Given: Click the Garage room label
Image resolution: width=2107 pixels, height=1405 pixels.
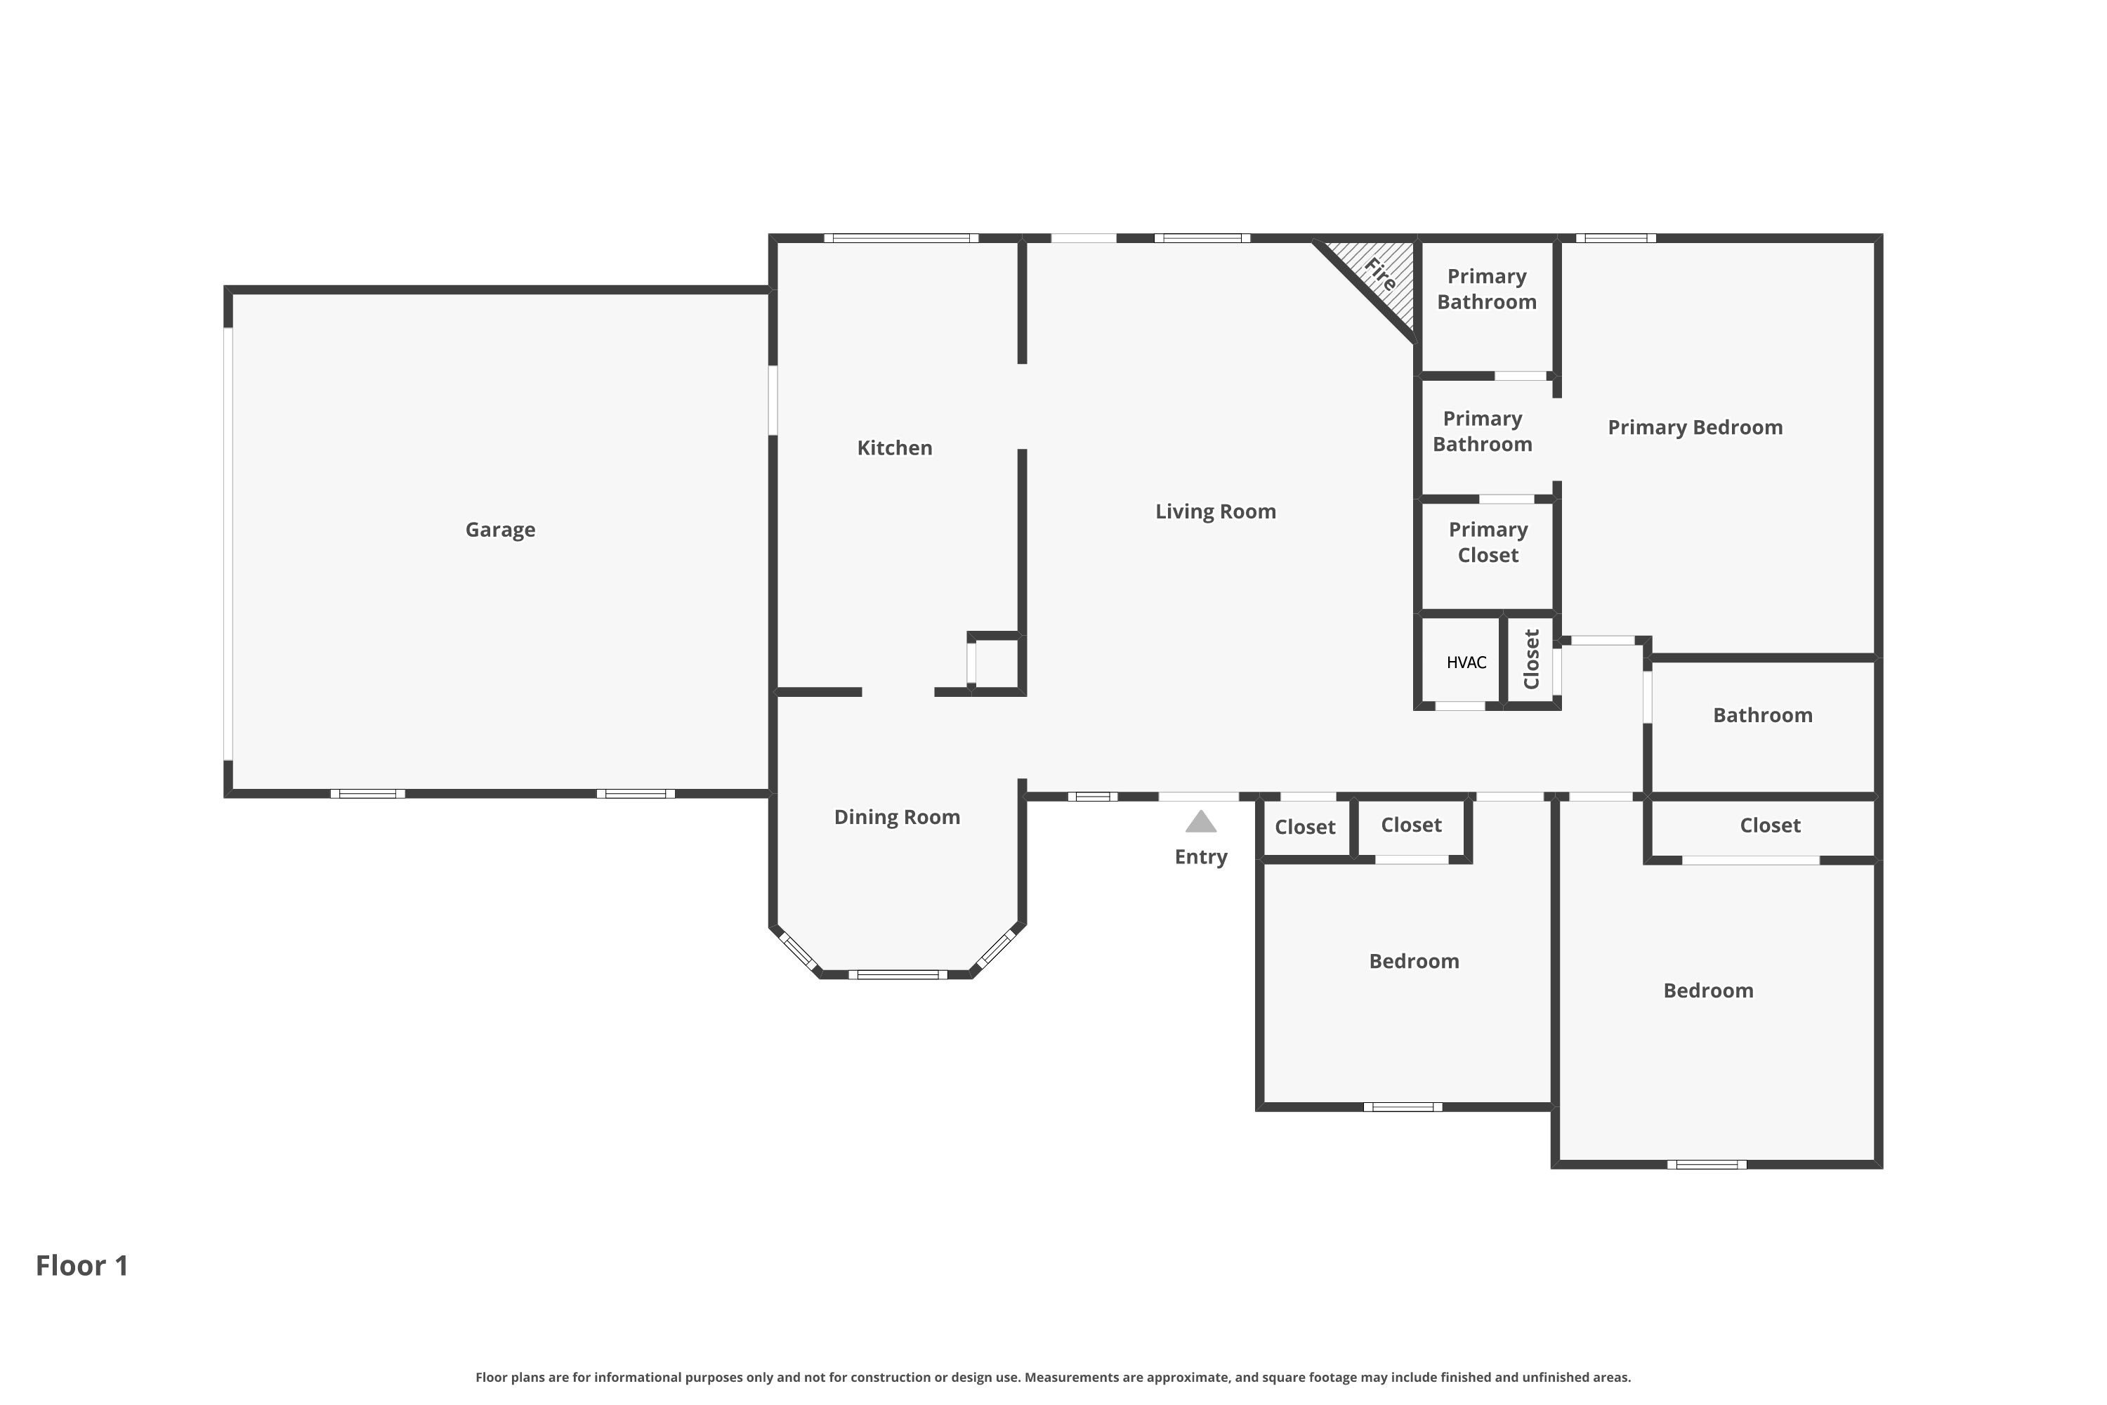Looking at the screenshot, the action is click(500, 530).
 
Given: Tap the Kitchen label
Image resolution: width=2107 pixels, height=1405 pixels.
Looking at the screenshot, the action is click(894, 448).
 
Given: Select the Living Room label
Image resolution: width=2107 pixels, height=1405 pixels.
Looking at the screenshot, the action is click(1215, 511).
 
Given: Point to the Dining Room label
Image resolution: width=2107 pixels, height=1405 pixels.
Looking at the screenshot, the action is click(897, 817).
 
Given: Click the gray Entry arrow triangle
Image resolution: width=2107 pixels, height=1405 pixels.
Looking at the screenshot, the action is click(1200, 822).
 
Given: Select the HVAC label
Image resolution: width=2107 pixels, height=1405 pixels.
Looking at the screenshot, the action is click(1466, 663).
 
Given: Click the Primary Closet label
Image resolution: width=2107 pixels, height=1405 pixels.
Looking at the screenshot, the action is click(1488, 543).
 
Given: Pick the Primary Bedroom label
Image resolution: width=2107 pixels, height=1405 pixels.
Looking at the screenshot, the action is click(1695, 427).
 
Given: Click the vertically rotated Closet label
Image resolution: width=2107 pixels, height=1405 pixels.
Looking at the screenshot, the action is click(1531, 660).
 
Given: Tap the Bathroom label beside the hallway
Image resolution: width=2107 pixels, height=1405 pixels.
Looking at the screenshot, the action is click(1762, 715).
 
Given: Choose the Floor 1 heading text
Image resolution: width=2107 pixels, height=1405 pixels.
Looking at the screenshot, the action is click(82, 1266).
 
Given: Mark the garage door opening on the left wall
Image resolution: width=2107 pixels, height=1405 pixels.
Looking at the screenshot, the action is click(228, 544).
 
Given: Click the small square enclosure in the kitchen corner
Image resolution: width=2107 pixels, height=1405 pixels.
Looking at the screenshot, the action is click(995, 663).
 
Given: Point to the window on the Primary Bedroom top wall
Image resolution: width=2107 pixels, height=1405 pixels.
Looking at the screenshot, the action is click(1615, 238).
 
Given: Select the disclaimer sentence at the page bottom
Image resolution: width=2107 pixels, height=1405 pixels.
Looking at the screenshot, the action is click(1053, 1377).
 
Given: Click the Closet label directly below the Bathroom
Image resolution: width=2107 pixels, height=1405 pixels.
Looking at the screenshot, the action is click(1769, 826).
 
